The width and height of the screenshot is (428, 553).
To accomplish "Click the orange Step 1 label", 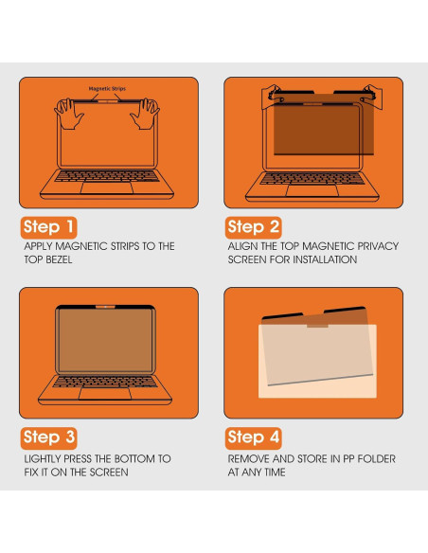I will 49,227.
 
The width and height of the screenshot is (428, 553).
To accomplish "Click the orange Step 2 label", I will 254,227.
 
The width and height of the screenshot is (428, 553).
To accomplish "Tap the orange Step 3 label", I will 49,437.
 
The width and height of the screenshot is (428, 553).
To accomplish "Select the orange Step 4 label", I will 254,437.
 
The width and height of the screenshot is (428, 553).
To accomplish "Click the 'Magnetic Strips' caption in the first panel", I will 108,88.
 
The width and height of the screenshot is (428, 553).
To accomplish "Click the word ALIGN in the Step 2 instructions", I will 242,246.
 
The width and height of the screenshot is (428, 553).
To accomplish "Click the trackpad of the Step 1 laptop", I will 108,187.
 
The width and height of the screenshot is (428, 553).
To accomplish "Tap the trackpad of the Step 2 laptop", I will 312,187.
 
